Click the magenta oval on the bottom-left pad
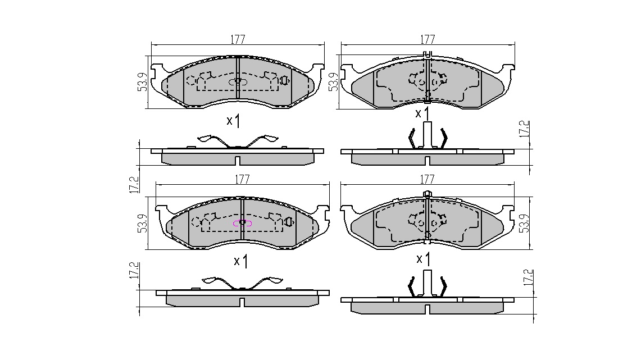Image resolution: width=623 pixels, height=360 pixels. click(x=242, y=224)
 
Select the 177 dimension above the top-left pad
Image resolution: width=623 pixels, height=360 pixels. click(x=238, y=39)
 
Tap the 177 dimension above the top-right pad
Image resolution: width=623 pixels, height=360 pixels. click(x=428, y=39)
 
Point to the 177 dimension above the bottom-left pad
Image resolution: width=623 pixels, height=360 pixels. click(x=242, y=179)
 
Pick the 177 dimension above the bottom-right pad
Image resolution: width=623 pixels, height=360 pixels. click(x=427, y=179)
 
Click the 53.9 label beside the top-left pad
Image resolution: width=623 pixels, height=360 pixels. click(x=142, y=82)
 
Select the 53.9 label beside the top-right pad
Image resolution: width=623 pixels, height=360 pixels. click(x=333, y=82)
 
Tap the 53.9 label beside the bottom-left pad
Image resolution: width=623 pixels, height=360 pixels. click(x=142, y=224)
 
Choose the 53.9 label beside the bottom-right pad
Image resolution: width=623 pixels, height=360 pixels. click(x=525, y=224)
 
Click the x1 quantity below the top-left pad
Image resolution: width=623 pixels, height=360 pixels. click(x=233, y=121)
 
